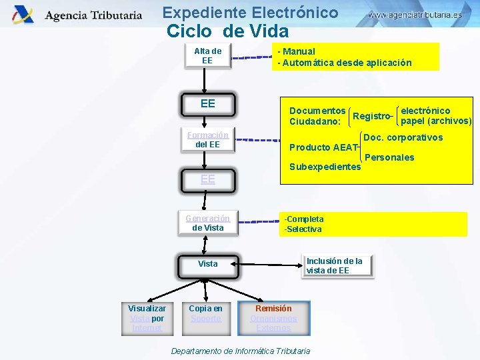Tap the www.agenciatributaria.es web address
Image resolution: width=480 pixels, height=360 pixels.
(x=415, y=14)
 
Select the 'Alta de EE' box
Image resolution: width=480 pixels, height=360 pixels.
(x=207, y=56)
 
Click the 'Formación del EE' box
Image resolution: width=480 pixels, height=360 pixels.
(x=207, y=140)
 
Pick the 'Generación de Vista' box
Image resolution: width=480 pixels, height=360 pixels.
(x=207, y=223)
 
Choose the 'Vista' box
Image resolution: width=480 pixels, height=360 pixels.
(x=207, y=264)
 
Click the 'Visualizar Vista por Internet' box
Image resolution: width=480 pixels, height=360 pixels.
(x=147, y=318)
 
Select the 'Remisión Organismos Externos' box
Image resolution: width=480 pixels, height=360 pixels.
(x=273, y=318)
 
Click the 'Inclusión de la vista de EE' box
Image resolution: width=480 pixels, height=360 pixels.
(x=337, y=266)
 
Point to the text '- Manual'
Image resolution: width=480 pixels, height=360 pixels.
(x=297, y=51)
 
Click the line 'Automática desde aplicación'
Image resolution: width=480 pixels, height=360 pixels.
(x=347, y=63)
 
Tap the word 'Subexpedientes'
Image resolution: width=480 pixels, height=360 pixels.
(x=325, y=167)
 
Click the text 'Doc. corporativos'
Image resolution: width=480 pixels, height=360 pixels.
(x=403, y=137)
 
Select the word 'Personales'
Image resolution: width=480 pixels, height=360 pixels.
(x=390, y=157)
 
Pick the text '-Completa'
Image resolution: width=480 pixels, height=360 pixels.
(x=304, y=219)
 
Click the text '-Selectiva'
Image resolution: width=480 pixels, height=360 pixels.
(x=303, y=229)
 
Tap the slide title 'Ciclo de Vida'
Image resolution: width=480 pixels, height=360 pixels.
(x=228, y=31)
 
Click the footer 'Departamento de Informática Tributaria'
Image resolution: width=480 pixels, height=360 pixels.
(x=241, y=351)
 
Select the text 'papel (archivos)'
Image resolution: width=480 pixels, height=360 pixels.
(x=436, y=121)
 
